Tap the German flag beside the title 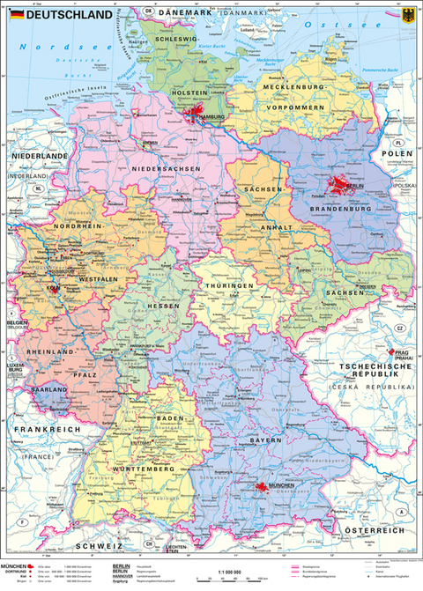[x=17, y=15]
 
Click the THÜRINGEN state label [x=231, y=286]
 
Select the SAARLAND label [x=47, y=388]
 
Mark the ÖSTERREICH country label [x=374, y=530]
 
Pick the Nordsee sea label [x=59, y=43]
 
